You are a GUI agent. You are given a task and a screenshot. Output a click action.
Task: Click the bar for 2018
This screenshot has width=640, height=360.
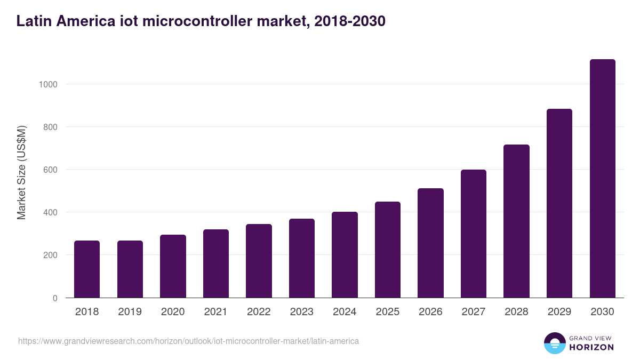[x=87, y=269]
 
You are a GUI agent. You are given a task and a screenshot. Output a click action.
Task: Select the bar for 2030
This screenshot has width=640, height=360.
[x=602, y=179]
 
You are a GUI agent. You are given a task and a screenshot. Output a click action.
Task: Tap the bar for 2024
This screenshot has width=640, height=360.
[x=345, y=255]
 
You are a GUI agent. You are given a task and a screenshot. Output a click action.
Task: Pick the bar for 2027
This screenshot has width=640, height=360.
[x=474, y=234]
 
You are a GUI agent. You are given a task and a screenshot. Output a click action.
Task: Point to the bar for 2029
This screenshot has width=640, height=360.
[x=559, y=203]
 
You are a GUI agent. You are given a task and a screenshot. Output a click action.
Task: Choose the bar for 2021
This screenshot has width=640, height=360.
[x=216, y=263]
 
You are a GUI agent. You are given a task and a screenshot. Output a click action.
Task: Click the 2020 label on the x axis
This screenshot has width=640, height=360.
[x=173, y=312]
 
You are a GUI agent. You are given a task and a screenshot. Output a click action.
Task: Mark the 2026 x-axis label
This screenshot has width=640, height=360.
[x=430, y=312]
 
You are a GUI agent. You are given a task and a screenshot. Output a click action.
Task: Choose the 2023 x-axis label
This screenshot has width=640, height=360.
[x=302, y=312]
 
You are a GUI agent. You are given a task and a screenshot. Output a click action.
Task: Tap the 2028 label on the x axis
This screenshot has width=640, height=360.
[x=516, y=312]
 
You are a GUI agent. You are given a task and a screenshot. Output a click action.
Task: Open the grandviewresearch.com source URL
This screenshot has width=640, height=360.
[x=188, y=341]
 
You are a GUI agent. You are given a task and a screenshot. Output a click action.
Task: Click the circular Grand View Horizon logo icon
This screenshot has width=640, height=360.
[x=554, y=343]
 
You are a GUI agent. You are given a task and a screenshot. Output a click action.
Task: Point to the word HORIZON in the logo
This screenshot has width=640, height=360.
[x=591, y=347]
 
